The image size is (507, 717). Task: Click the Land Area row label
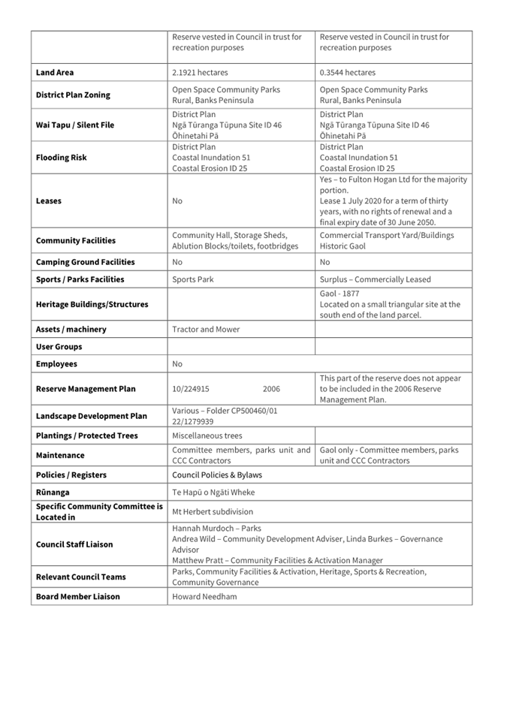point(55,73)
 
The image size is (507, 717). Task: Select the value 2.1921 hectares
point(200,73)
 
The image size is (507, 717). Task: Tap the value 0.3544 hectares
point(348,73)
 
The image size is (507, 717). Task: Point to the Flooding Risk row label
point(61,158)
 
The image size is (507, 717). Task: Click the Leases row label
point(49,201)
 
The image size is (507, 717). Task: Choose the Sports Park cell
point(193,279)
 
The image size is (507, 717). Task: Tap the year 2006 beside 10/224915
point(271,389)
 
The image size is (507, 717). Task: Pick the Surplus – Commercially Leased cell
point(376,279)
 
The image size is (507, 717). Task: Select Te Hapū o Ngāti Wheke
point(213,493)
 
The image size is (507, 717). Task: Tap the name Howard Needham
point(203,596)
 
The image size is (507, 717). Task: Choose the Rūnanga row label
point(53,493)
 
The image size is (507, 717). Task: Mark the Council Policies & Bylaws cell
point(217,474)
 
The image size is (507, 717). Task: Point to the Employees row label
point(56,364)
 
